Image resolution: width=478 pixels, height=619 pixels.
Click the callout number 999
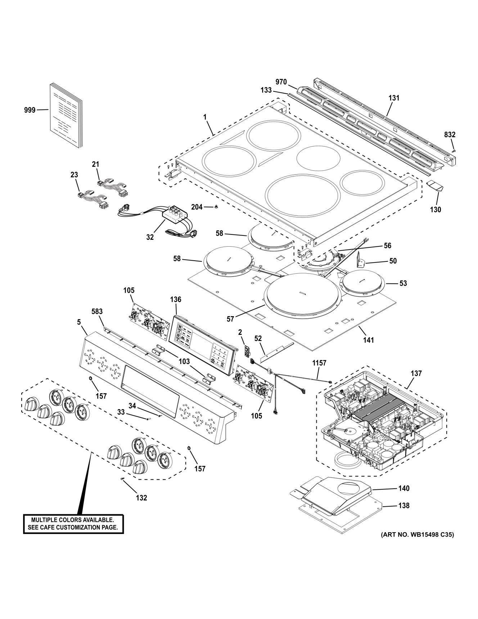tap(30, 110)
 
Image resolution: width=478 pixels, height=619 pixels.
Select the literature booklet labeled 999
tap(65, 115)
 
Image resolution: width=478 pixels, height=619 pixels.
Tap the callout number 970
tap(281, 82)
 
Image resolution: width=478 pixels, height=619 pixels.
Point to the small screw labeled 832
tap(454, 151)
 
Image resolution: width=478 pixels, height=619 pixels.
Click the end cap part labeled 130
tap(435, 186)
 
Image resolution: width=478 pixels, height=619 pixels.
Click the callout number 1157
tap(319, 363)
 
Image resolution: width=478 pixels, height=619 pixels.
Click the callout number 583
tap(97, 311)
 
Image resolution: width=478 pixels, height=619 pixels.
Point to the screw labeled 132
tap(123, 479)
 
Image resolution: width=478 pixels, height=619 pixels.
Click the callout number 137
tap(416, 373)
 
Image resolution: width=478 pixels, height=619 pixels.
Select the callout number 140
tap(404, 488)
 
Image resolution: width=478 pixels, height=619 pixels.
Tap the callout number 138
tap(404, 506)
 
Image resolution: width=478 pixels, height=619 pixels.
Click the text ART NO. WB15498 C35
tap(417, 535)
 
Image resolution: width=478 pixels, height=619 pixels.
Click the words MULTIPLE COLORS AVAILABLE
tap(73, 520)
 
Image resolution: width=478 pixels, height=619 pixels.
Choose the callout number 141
tap(369, 340)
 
